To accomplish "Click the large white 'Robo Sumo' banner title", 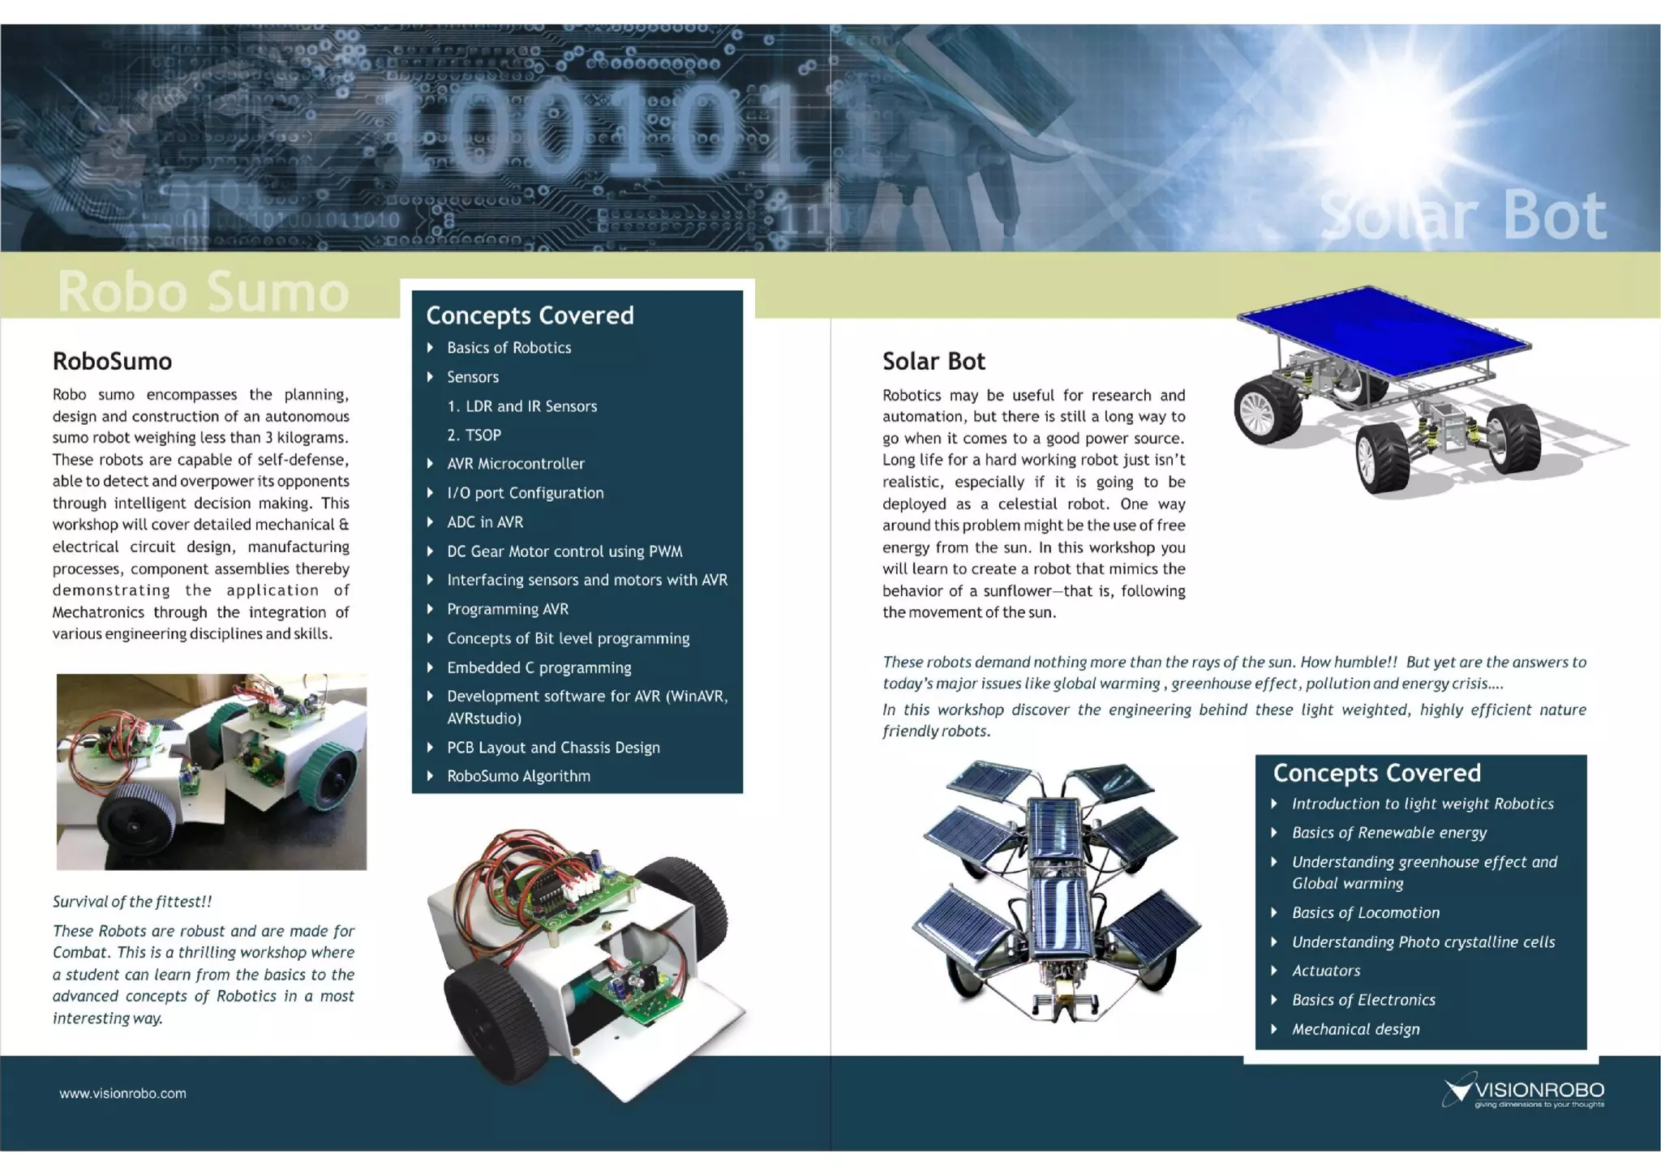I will point(203,291).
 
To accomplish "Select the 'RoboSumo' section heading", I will point(112,361).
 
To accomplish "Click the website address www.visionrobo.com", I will point(122,1093).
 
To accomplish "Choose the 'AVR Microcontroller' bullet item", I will point(515,464).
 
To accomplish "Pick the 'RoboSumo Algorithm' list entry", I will point(518,776).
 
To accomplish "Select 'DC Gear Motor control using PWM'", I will point(564,551).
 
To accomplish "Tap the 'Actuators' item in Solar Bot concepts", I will point(1326,971).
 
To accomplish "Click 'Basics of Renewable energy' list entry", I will point(1388,833).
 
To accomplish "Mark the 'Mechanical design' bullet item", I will point(1355,1029).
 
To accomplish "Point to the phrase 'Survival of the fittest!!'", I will point(132,902).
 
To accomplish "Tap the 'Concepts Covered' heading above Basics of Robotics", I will point(530,315).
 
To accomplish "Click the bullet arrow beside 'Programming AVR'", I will point(431,609).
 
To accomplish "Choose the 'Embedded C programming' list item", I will point(539,667).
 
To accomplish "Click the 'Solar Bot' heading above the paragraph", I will point(934,361).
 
